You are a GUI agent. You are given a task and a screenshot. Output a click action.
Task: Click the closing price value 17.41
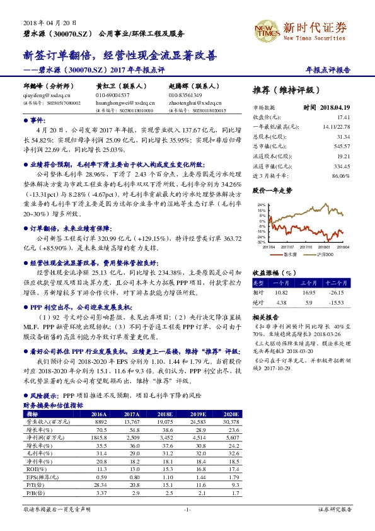tap(343, 117)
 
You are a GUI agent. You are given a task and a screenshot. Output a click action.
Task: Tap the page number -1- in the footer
tap(187, 508)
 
